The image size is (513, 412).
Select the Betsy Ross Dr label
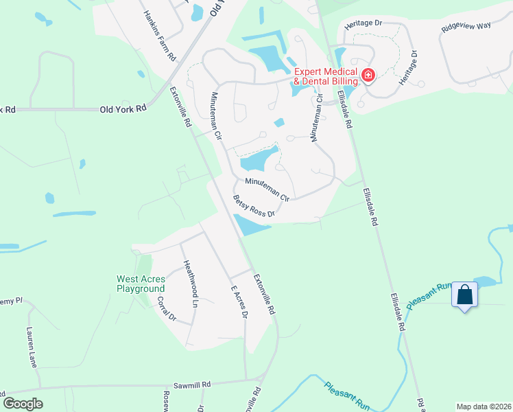253,207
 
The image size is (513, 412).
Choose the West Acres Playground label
141,284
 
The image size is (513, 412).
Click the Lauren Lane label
32,346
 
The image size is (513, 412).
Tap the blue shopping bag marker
465,295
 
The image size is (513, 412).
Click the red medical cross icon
368,74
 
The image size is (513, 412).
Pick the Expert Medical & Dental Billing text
325,77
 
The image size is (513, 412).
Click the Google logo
23,404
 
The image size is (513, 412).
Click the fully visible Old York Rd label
123,108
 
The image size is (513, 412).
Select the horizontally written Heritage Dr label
363,23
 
